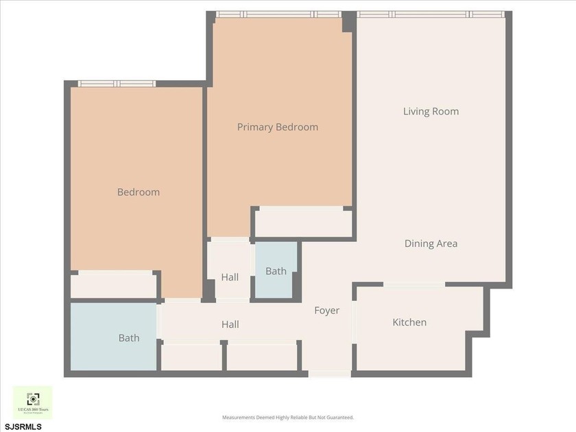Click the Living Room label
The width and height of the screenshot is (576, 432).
pos(431,112)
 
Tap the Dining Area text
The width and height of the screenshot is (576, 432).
pos(431,243)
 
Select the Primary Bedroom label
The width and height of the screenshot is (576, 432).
pos(277,127)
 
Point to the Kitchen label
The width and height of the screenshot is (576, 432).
pos(409,322)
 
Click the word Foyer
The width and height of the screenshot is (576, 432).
pos(326,311)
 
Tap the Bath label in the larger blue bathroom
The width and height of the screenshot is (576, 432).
pos(129,337)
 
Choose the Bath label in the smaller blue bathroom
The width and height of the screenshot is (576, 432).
pos(276,271)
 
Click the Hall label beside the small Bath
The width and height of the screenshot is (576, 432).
pos(230,277)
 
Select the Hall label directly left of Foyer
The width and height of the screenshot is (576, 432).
pos(230,324)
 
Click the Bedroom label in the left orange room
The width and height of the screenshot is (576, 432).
pos(138,192)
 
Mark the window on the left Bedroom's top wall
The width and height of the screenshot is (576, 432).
pos(117,84)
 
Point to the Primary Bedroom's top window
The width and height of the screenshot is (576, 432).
pos(278,14)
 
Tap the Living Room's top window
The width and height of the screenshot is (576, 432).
pos(431,14)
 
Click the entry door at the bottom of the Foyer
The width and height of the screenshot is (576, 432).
pos(328,373)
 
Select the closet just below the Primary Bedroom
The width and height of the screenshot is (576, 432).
pos(302,223)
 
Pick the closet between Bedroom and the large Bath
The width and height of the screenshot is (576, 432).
pos(114,285)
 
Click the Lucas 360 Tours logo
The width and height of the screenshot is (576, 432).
pos(32,403)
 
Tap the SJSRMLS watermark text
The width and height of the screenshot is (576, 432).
pos(23,427)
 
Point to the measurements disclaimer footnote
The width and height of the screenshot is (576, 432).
pos(287,417)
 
